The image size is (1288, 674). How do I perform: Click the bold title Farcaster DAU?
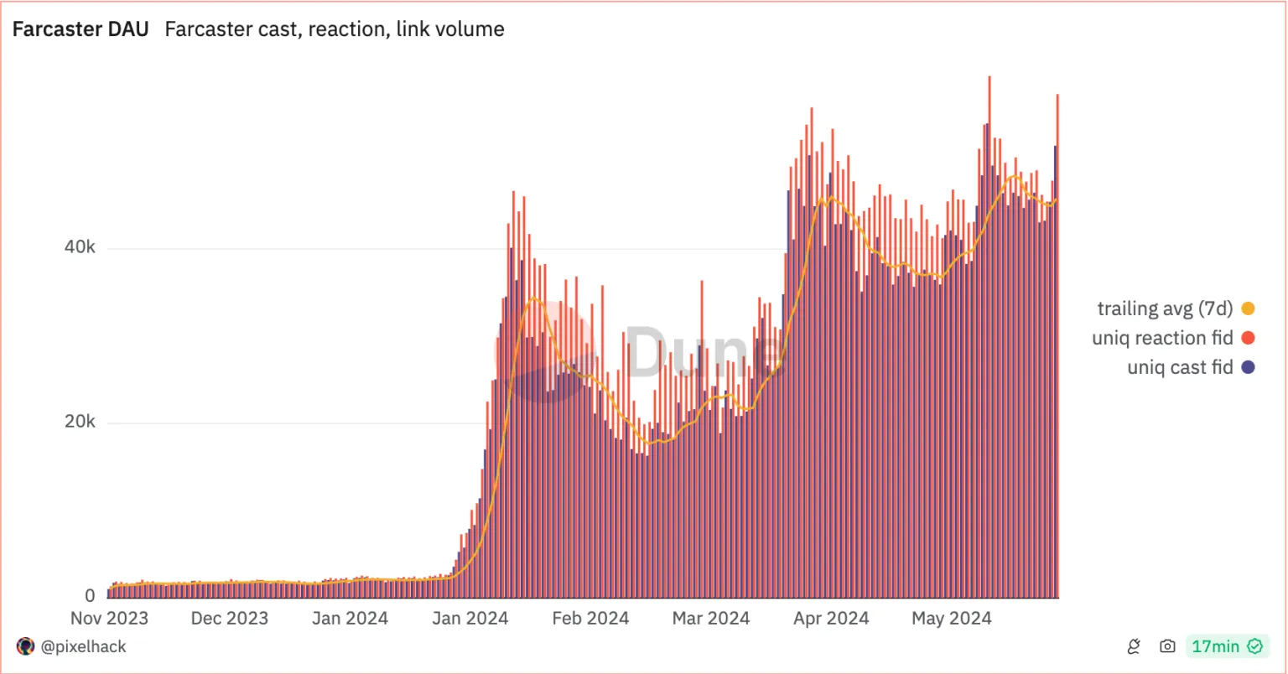pyautogui.click(x=80, y=29)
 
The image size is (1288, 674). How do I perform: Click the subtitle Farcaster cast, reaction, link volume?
pyautogui.click(x=335, y=29)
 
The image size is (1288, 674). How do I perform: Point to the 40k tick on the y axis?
pyautogui.click(x=80, y=249)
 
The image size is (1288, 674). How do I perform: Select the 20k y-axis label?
pyautogui.click(x=80, y=423)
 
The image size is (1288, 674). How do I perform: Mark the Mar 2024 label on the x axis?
pyautogui.click(x=710, y=619)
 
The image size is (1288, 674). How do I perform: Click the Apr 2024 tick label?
pyautogui.click(x=831, y=619)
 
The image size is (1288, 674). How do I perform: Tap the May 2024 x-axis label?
pyautogui.click(x=952, y=619)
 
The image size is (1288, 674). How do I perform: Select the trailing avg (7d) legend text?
pyautogui.click(x=1165, y=308)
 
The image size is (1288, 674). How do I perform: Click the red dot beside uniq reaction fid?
pyautogui.click(x=1248, y=338)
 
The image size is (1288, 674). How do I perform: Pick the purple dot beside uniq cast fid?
pyautogui.click(x=1248, y=367)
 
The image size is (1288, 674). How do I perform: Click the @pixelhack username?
pyautogui.click(x=83, y=646)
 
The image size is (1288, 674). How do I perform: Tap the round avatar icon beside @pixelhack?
pyautogui.click(x=26, y=646)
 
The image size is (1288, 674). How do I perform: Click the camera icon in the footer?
pyautogui.click(x=1166, y=646)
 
